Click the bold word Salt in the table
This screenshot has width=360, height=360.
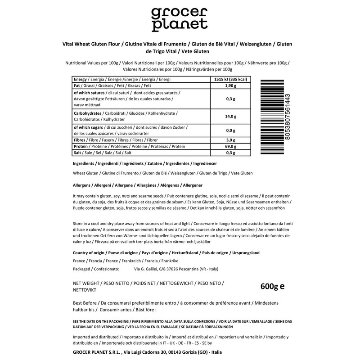[x=78, y=153]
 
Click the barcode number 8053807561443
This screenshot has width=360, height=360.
[x=288, y=117]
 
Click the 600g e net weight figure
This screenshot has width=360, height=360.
[x=273, y=286]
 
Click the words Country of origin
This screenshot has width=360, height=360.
[x=88, y=253]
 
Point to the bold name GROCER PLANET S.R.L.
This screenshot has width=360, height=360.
[x=96, y=353]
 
